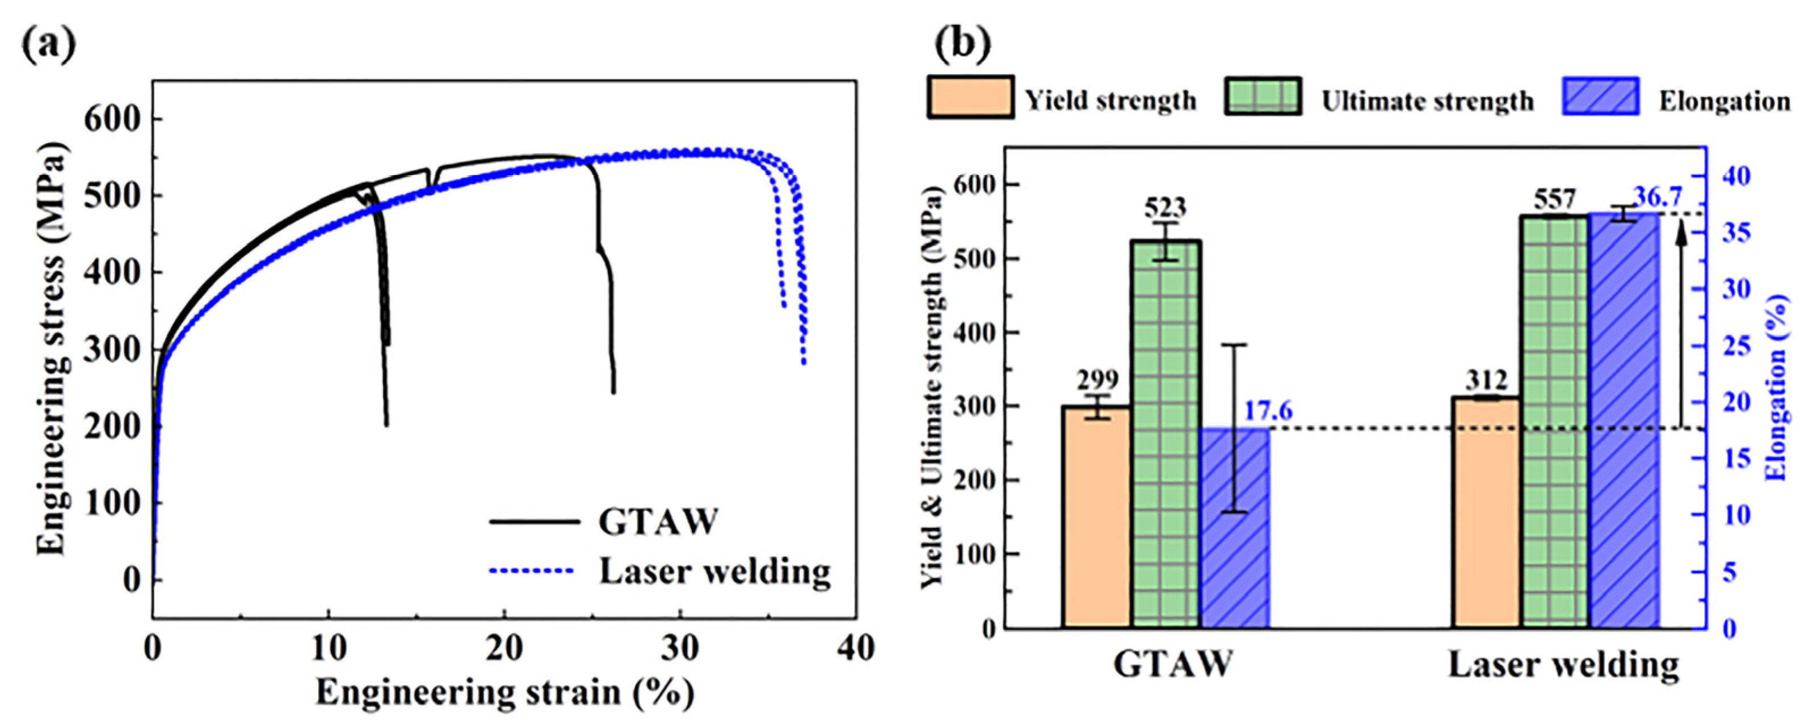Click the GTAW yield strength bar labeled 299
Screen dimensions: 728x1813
click(x=1096, y=517)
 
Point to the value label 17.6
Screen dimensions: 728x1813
click(x=1268, y=411)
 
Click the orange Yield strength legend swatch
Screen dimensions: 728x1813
click(x=970, y=97)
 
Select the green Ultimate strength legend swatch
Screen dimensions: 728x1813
click(x=1263, y=97)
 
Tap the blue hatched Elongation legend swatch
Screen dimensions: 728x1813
click(x=1600, y=97)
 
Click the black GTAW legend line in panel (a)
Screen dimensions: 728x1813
click(x=535, y=521)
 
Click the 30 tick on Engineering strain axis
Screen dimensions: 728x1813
click(x=679, y=649)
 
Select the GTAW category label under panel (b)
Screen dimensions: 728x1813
click(x=1173, y=664)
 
